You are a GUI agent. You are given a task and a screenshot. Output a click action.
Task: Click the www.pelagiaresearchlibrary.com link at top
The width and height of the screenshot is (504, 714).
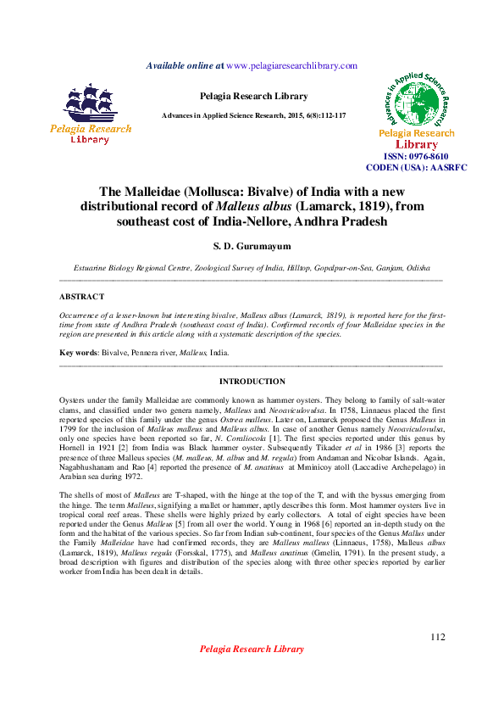pyautogui.click(x=291, y=65)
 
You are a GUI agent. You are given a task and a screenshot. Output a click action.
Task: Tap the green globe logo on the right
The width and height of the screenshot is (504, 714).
pyautogui.click(x=415, y=100)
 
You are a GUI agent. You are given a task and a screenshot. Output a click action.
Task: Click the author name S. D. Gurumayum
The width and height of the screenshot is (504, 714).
pyautogui.click(x=252, y=246)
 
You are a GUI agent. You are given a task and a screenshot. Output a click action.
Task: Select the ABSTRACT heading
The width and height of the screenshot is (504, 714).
pyautogui.click(x=81, y=297)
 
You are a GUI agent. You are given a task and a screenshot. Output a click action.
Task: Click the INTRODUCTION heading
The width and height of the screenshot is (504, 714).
pyautogui.click(x=252, y=382)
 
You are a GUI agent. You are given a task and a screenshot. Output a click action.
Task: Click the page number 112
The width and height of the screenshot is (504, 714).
pyautogui.click(x=437, y=637)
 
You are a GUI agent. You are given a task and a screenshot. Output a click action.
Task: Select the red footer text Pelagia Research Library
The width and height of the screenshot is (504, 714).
pyautogui.click(x=252, y=649)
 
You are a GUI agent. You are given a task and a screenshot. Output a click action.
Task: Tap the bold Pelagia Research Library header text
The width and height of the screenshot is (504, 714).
pyautogui.click(x=252, y=96)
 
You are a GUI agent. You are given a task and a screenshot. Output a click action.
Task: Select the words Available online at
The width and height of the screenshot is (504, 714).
pyautogui.click(x=186, y=65)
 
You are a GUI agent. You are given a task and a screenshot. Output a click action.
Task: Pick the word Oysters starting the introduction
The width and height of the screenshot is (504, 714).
pyautogui.click(x=74, y=399)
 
